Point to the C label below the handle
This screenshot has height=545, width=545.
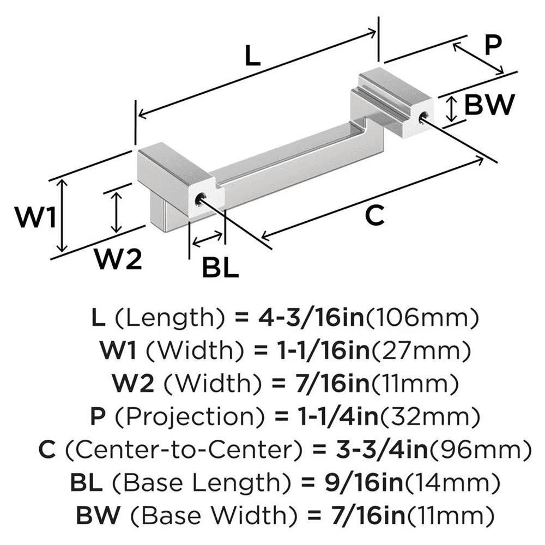[x=374, y=216]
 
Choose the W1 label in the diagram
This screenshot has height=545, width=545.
[x=35, y=219]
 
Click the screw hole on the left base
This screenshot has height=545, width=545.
[x=199, y=198]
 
